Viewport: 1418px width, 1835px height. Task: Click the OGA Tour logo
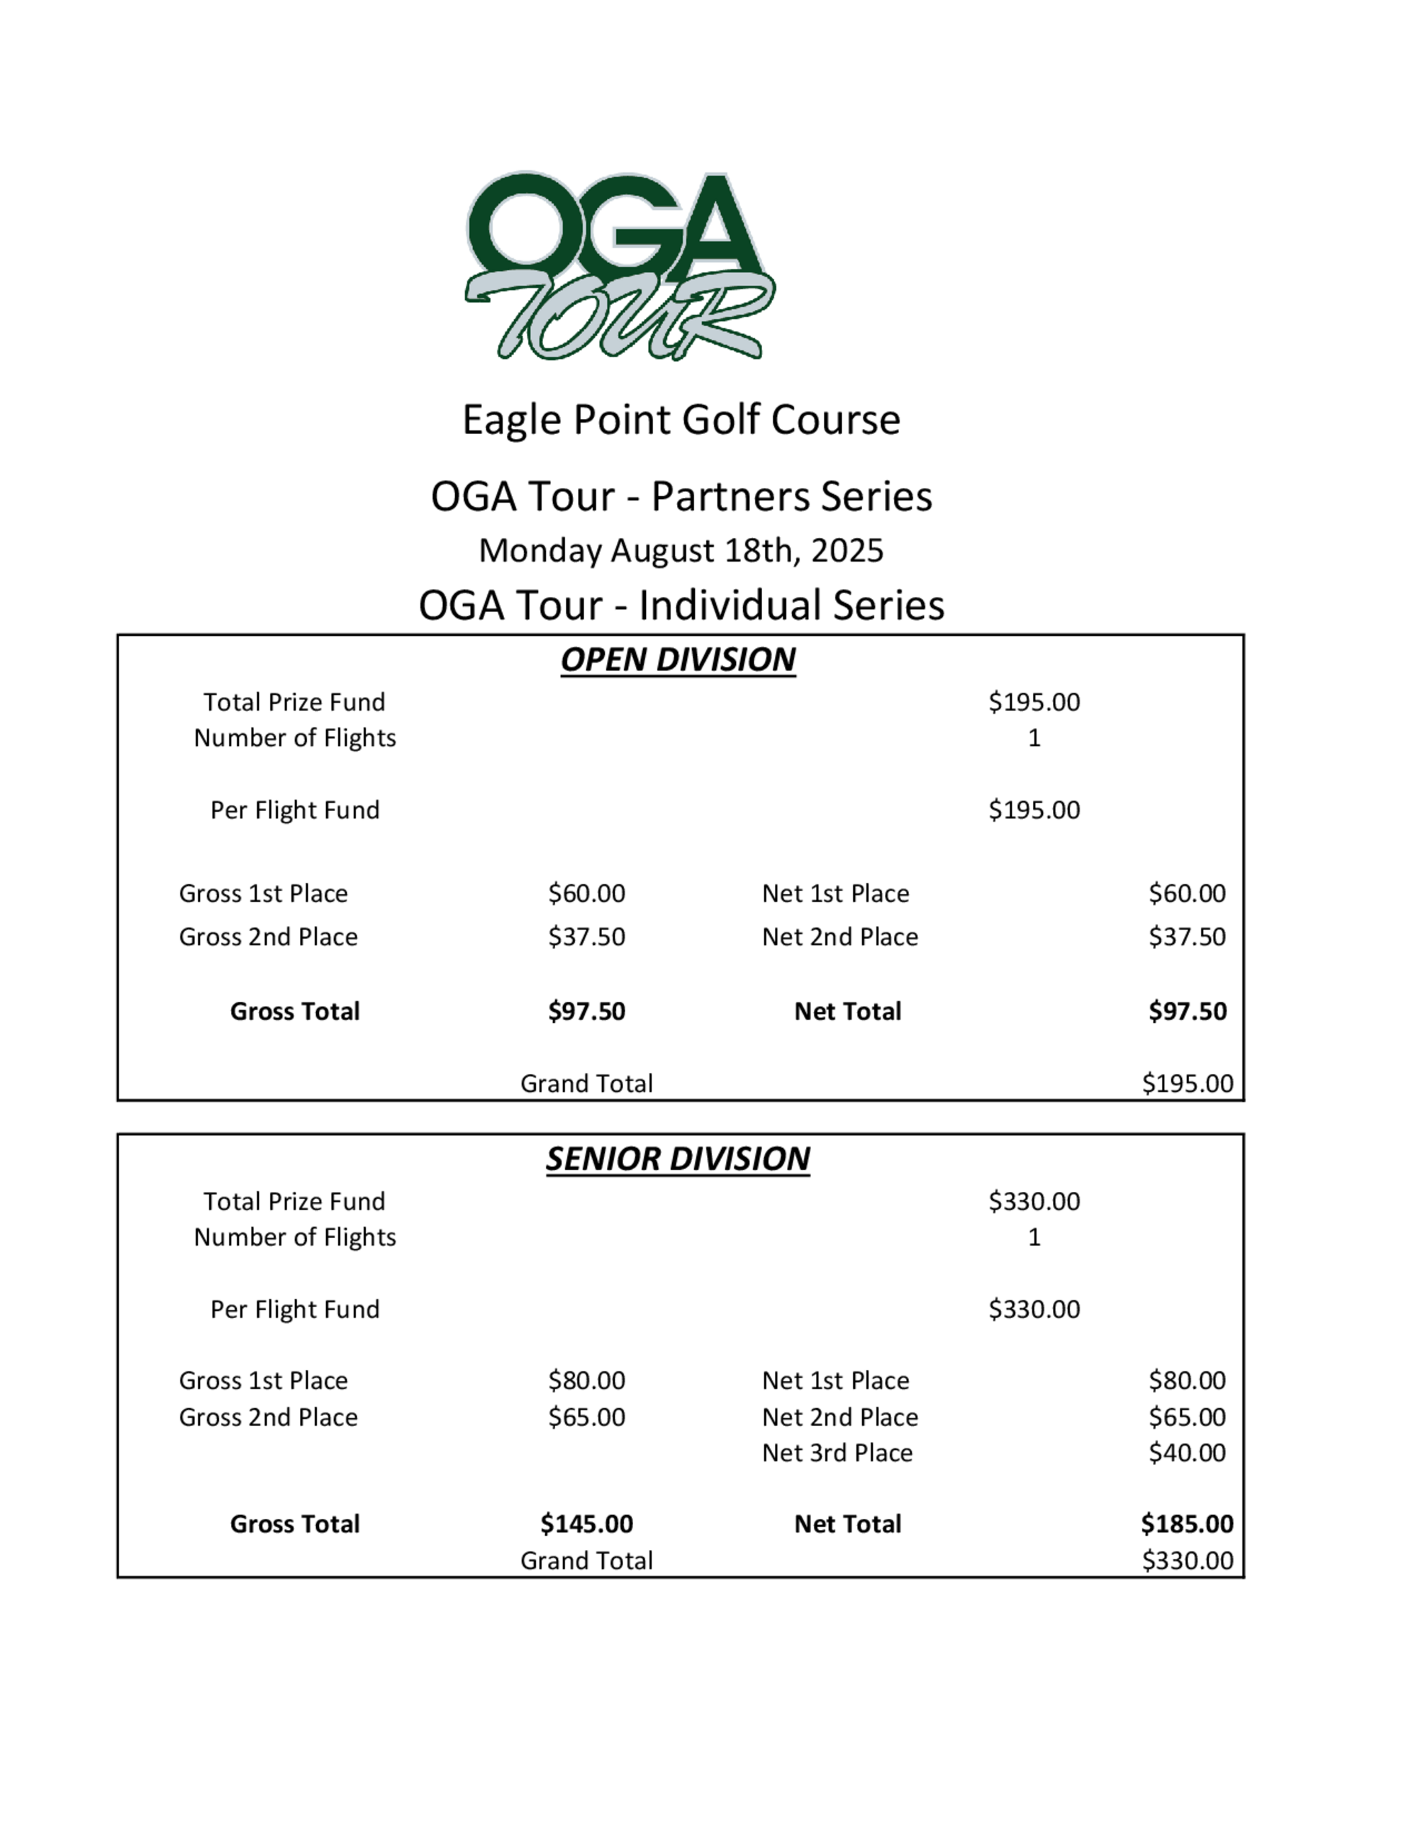pos(620,265)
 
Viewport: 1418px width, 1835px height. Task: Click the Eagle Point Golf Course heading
pos(681,419)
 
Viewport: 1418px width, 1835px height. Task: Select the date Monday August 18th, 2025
pos(681,551)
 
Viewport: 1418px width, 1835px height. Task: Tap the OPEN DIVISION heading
pos(678,659)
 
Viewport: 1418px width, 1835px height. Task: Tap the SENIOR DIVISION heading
pos(678,1159)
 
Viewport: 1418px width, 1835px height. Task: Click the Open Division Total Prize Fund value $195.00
pos(1034,701)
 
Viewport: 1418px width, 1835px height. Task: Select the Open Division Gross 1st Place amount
pos(586,893)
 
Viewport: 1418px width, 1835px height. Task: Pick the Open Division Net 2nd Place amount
pos(1187,937)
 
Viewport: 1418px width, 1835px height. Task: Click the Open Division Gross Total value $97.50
pos(586,1011)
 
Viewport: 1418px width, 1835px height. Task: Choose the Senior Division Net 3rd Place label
pos(837,1453)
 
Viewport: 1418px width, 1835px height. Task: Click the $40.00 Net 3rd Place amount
pos(1187,1453)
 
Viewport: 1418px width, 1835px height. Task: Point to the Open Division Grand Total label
pos(586,1083)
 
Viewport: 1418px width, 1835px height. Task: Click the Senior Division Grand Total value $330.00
pos(1187,1561)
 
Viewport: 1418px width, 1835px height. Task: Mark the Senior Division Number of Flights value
pos(1034,1237)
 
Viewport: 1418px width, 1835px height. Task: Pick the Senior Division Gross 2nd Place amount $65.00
pos(586,1417)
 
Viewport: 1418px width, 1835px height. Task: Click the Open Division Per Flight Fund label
pos(295,810)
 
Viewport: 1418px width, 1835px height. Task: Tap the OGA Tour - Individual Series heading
pos(681,605)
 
